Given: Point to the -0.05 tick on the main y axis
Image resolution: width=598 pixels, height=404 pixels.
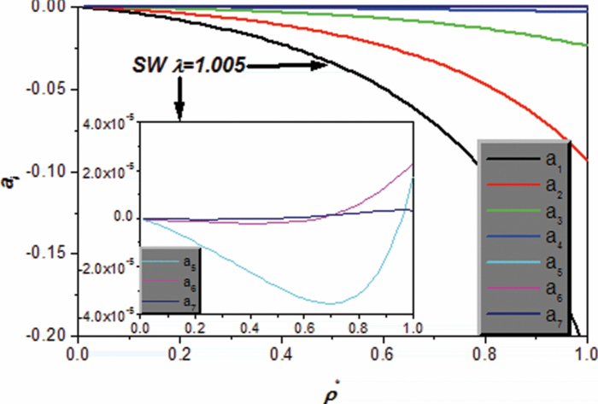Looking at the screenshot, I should (x=53, y=90).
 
